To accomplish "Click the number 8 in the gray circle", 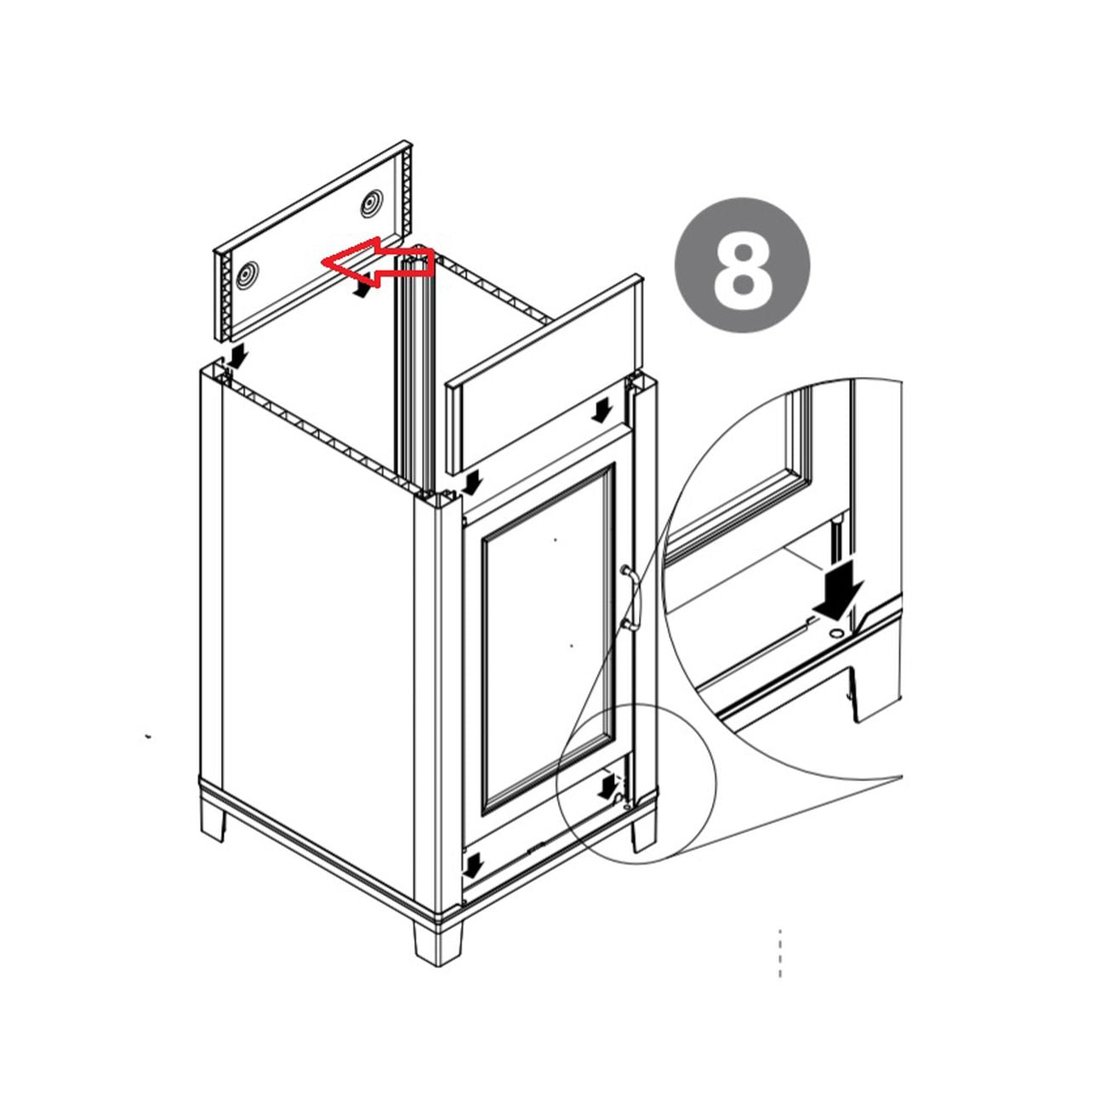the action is (x=743, y=276).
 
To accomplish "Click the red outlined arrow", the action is (x=376, y=262).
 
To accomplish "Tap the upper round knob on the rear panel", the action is (x=372, y=203).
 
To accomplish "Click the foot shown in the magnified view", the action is (x=872, y=693).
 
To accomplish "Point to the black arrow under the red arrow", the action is (x=362, y=288).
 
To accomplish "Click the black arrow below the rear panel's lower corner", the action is (x=237, y=356).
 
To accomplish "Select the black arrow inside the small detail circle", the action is (x=606, y=786).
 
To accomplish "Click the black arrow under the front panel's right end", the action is (x=601, y=411).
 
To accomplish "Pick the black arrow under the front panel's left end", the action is (x=472, y=482).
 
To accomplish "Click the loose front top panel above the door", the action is (x=544, y=374).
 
